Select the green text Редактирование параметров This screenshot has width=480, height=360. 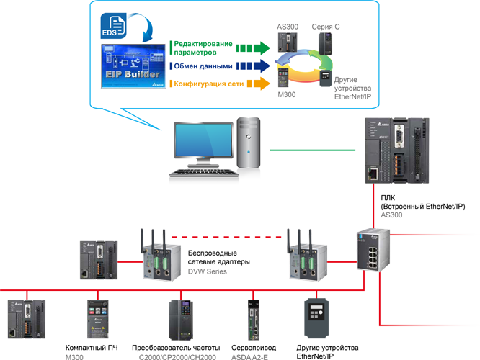point(203,47)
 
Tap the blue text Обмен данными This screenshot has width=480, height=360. point(201,66)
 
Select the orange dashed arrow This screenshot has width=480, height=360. point(253,84)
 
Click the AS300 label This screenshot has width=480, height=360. point(288,27)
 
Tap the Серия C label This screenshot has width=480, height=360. point(326,27)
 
